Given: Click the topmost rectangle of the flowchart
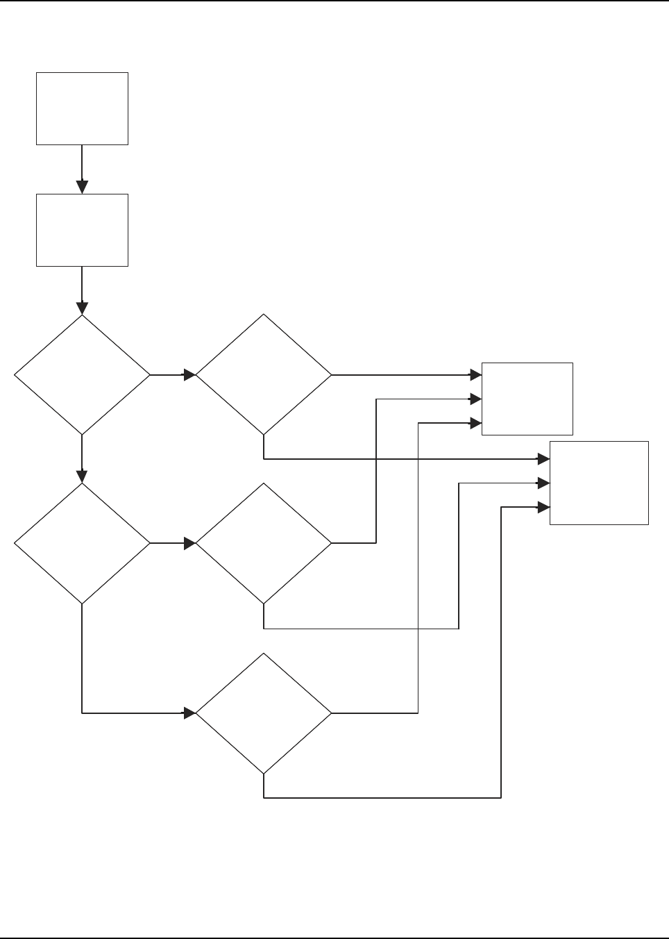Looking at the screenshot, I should (x=82, y=108).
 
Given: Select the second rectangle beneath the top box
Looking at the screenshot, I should (x=82, y=230).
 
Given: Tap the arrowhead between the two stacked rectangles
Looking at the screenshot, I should (x=82, y=187).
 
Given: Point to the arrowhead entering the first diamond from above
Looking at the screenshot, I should (x=82, y=308).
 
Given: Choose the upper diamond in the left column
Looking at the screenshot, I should (x=82, y=375).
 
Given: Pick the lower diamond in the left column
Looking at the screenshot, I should (x=82, y=543).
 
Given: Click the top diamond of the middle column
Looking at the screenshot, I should (x=264, y=375).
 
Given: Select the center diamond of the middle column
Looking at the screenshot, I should (x=264, y=543).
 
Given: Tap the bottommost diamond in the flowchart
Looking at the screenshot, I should (x=264, y=713).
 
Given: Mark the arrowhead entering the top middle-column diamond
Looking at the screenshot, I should (x=189, y=375).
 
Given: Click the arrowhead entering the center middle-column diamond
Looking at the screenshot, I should (x=189, y=543).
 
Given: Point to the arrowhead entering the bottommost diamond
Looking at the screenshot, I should (x=189, y=713).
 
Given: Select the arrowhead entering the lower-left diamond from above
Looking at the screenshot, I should (x=82, y=476).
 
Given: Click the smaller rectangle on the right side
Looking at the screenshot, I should (x=527, y=399).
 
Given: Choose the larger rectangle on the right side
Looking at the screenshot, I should (x=599, y=483).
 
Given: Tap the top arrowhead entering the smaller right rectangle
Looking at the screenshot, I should (x=475, y=375).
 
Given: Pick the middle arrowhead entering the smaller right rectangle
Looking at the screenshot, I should (x=475, y=399).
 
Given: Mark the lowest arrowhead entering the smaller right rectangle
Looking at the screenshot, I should (x=475, y=423).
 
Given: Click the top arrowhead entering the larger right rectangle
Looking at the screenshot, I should (x=543, y=459).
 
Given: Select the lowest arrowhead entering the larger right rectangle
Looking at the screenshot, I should (x=543, y=507).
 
